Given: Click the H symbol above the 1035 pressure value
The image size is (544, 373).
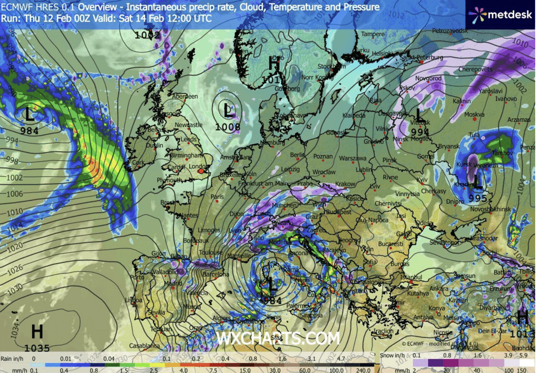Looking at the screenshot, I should coord(37,332).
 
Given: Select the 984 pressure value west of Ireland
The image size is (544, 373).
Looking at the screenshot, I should coord(29,131).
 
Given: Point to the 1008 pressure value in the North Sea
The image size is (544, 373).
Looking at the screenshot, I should coord(228,127).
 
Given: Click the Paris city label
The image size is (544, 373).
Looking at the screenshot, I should coord(216,196).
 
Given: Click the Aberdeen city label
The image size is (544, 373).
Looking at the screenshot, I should coord(185,97).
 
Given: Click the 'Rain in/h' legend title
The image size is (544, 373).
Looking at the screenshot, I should coord(14,359).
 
